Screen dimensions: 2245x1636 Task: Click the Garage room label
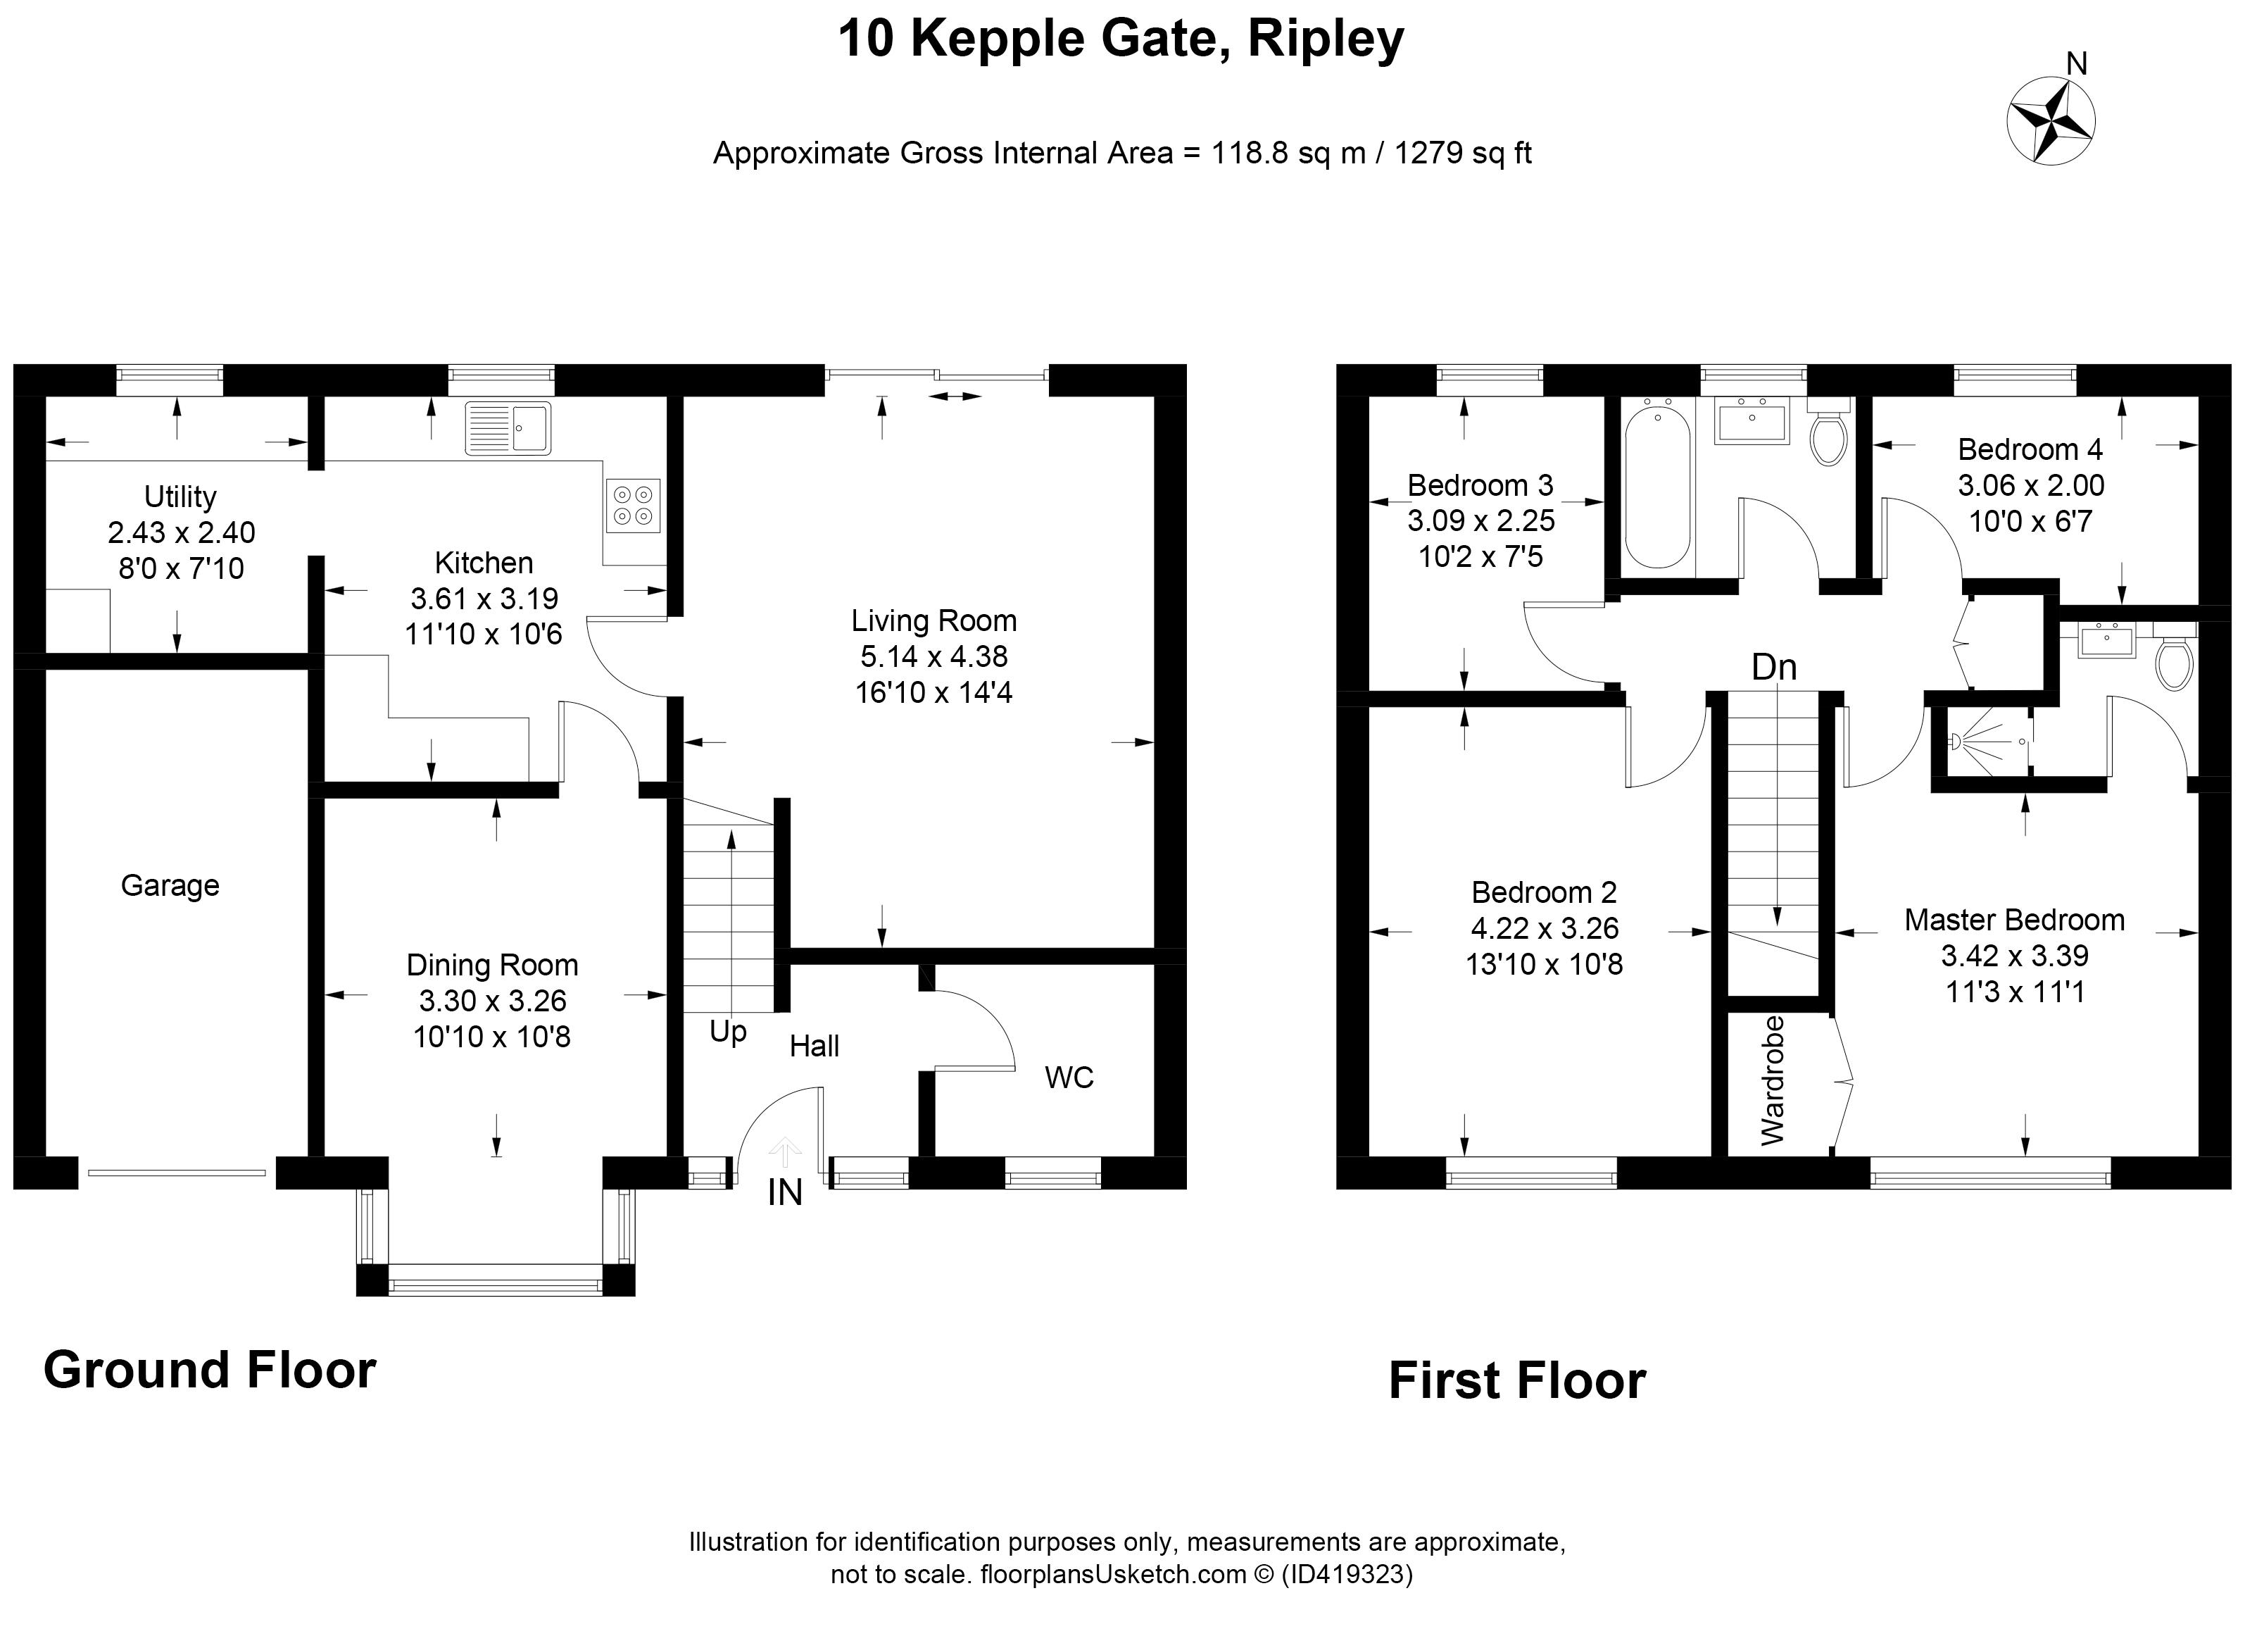coord(170,885)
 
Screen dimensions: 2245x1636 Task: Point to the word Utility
coord(180,496)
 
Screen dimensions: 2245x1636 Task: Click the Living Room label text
coord(933,621)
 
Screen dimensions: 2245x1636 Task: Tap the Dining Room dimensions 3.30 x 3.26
coord(492,1001)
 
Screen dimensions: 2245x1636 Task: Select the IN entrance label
coord(785,1193)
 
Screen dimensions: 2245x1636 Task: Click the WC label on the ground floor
coord(1069,1078)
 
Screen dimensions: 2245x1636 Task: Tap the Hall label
coord(814,1046)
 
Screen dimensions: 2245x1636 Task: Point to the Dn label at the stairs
coord(1774,668)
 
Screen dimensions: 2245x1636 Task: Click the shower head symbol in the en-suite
coord(1958,741)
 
